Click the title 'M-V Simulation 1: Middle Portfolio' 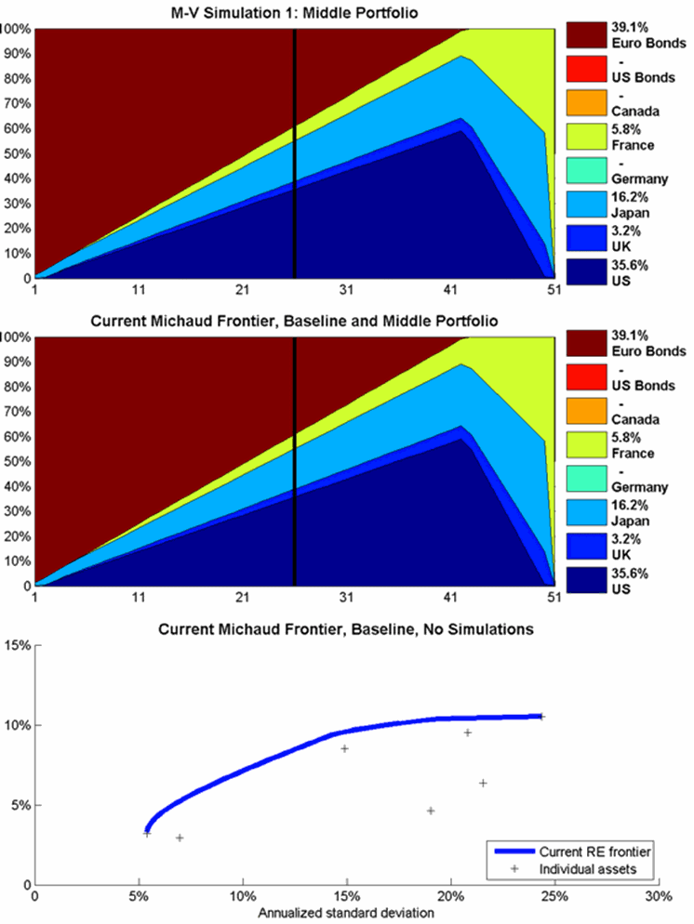pos(294,10)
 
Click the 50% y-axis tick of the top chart pos(16,153)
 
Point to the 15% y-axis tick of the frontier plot pos(19,644)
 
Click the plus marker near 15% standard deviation pos(344,748)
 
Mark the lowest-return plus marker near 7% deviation pos(180,838)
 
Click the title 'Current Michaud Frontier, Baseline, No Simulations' pos(345,629)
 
